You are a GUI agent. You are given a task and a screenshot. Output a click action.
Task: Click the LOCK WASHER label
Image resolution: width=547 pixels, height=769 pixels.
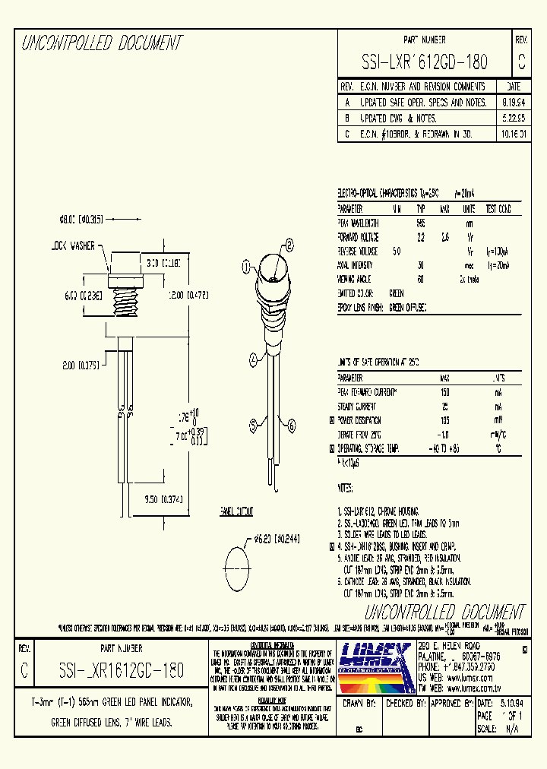(74, 246)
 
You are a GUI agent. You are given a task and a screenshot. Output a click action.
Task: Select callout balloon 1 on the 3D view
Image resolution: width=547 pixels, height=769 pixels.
(246, 267)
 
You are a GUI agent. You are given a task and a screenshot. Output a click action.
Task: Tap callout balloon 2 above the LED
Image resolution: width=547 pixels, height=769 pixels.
(289, 245)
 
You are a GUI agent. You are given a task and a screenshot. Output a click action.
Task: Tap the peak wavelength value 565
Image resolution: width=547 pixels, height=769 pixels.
(420, 223)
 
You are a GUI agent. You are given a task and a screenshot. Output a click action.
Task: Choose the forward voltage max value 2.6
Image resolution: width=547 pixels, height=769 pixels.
(445, 237)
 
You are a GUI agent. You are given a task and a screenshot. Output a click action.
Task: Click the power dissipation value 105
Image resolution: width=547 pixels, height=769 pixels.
(445, 419)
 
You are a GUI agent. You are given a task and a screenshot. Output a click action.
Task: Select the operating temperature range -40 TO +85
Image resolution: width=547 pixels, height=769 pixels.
(445, 448)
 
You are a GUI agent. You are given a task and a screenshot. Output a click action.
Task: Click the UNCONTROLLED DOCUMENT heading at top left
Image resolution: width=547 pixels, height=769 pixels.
(101, 43)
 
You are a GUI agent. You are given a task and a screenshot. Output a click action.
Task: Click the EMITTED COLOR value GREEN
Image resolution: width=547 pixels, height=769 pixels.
(396, 293)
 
